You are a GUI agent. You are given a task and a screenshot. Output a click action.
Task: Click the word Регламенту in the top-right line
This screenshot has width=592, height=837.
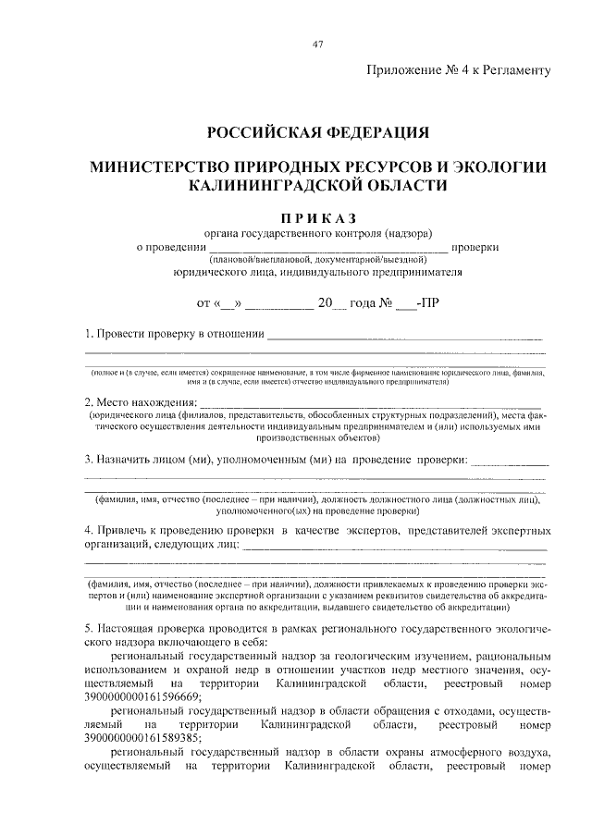click(x=512, y=69)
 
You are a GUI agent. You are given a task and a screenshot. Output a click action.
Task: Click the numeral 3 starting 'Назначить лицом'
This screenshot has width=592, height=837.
click(x=88, y=459)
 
